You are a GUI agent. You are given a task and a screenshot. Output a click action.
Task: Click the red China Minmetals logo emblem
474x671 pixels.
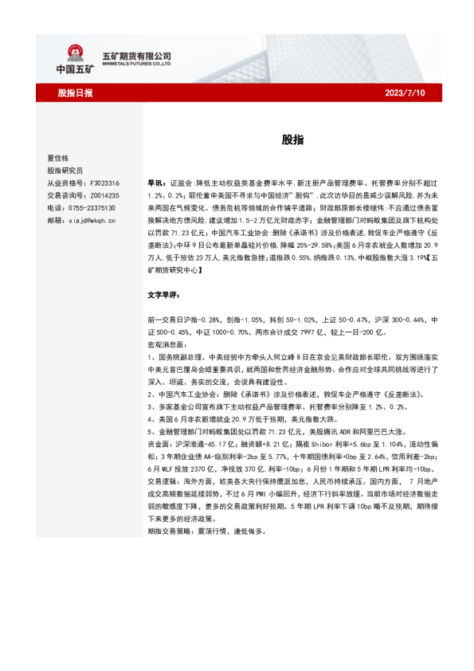tap(76, 53)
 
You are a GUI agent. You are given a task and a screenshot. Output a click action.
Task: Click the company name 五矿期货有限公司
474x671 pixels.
tap(137, 55)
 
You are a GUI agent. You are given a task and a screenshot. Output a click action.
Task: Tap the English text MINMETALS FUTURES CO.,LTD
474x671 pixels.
tap(137, 64)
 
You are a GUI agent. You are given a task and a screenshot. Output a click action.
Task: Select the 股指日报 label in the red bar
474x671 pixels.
tap(75, 93)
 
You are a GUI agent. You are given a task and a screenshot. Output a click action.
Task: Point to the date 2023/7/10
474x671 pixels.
tap(405, 93)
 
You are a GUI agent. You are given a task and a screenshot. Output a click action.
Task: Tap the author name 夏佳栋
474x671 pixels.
tap(58, 158)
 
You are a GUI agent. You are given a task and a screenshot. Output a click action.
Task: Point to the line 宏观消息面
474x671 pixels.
tap(165, 344)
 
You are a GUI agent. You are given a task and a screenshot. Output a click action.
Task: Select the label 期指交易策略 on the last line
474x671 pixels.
tap(170, 531)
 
